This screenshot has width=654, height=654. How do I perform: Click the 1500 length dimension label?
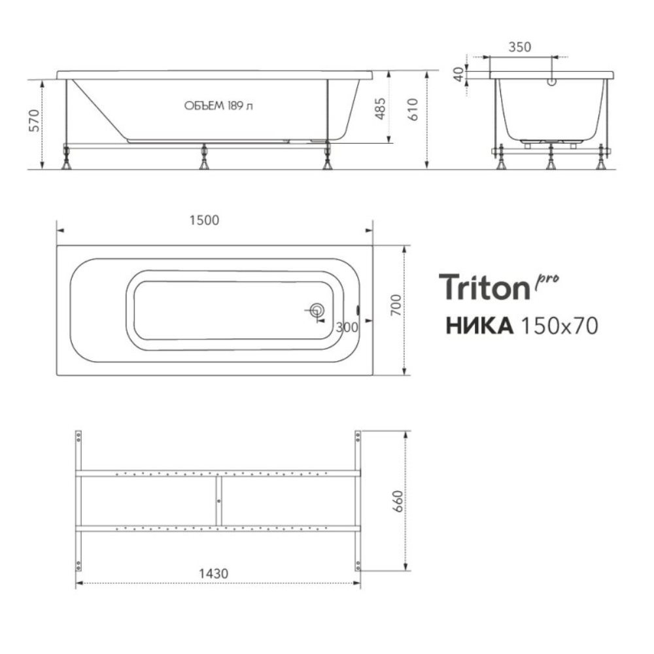205,220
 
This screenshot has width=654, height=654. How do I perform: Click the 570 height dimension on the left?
35,122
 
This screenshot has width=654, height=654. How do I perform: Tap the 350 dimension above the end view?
520,47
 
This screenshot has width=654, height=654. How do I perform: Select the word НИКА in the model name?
478,325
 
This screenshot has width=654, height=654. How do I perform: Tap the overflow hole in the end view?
551,83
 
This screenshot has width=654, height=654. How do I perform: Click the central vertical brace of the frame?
218,500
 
